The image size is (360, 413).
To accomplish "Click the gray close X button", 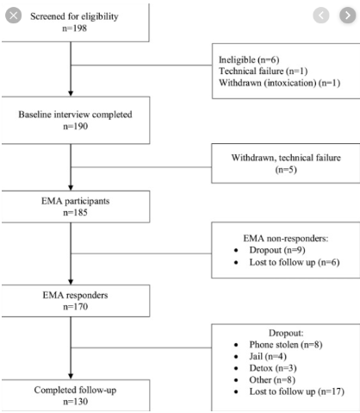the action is (x=13, y=16).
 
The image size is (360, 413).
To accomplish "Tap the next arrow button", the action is (x=348, y=15).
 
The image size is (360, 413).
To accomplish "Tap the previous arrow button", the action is (x=321, y=15).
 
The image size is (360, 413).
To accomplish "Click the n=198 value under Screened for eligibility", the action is (x=75, y=28).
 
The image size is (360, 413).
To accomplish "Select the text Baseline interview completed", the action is (x=75, y=115).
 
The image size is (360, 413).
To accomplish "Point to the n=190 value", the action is (x=76, y=126).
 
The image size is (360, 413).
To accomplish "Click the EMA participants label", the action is (x=76, y=201).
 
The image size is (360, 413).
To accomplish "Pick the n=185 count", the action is (x=75, y=212).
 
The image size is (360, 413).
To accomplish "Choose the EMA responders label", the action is (x=75, y=295).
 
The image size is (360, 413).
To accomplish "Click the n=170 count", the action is (x=76, y=307).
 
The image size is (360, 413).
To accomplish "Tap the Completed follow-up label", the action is (x=75, y=390).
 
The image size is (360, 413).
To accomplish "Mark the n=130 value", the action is (x=76, y=402).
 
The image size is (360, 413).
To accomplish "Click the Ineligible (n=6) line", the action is (x=249, y=59).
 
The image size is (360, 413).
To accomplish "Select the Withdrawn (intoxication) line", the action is (x=280, y=83).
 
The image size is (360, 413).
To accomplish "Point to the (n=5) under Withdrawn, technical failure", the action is (x=286, y=170).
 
